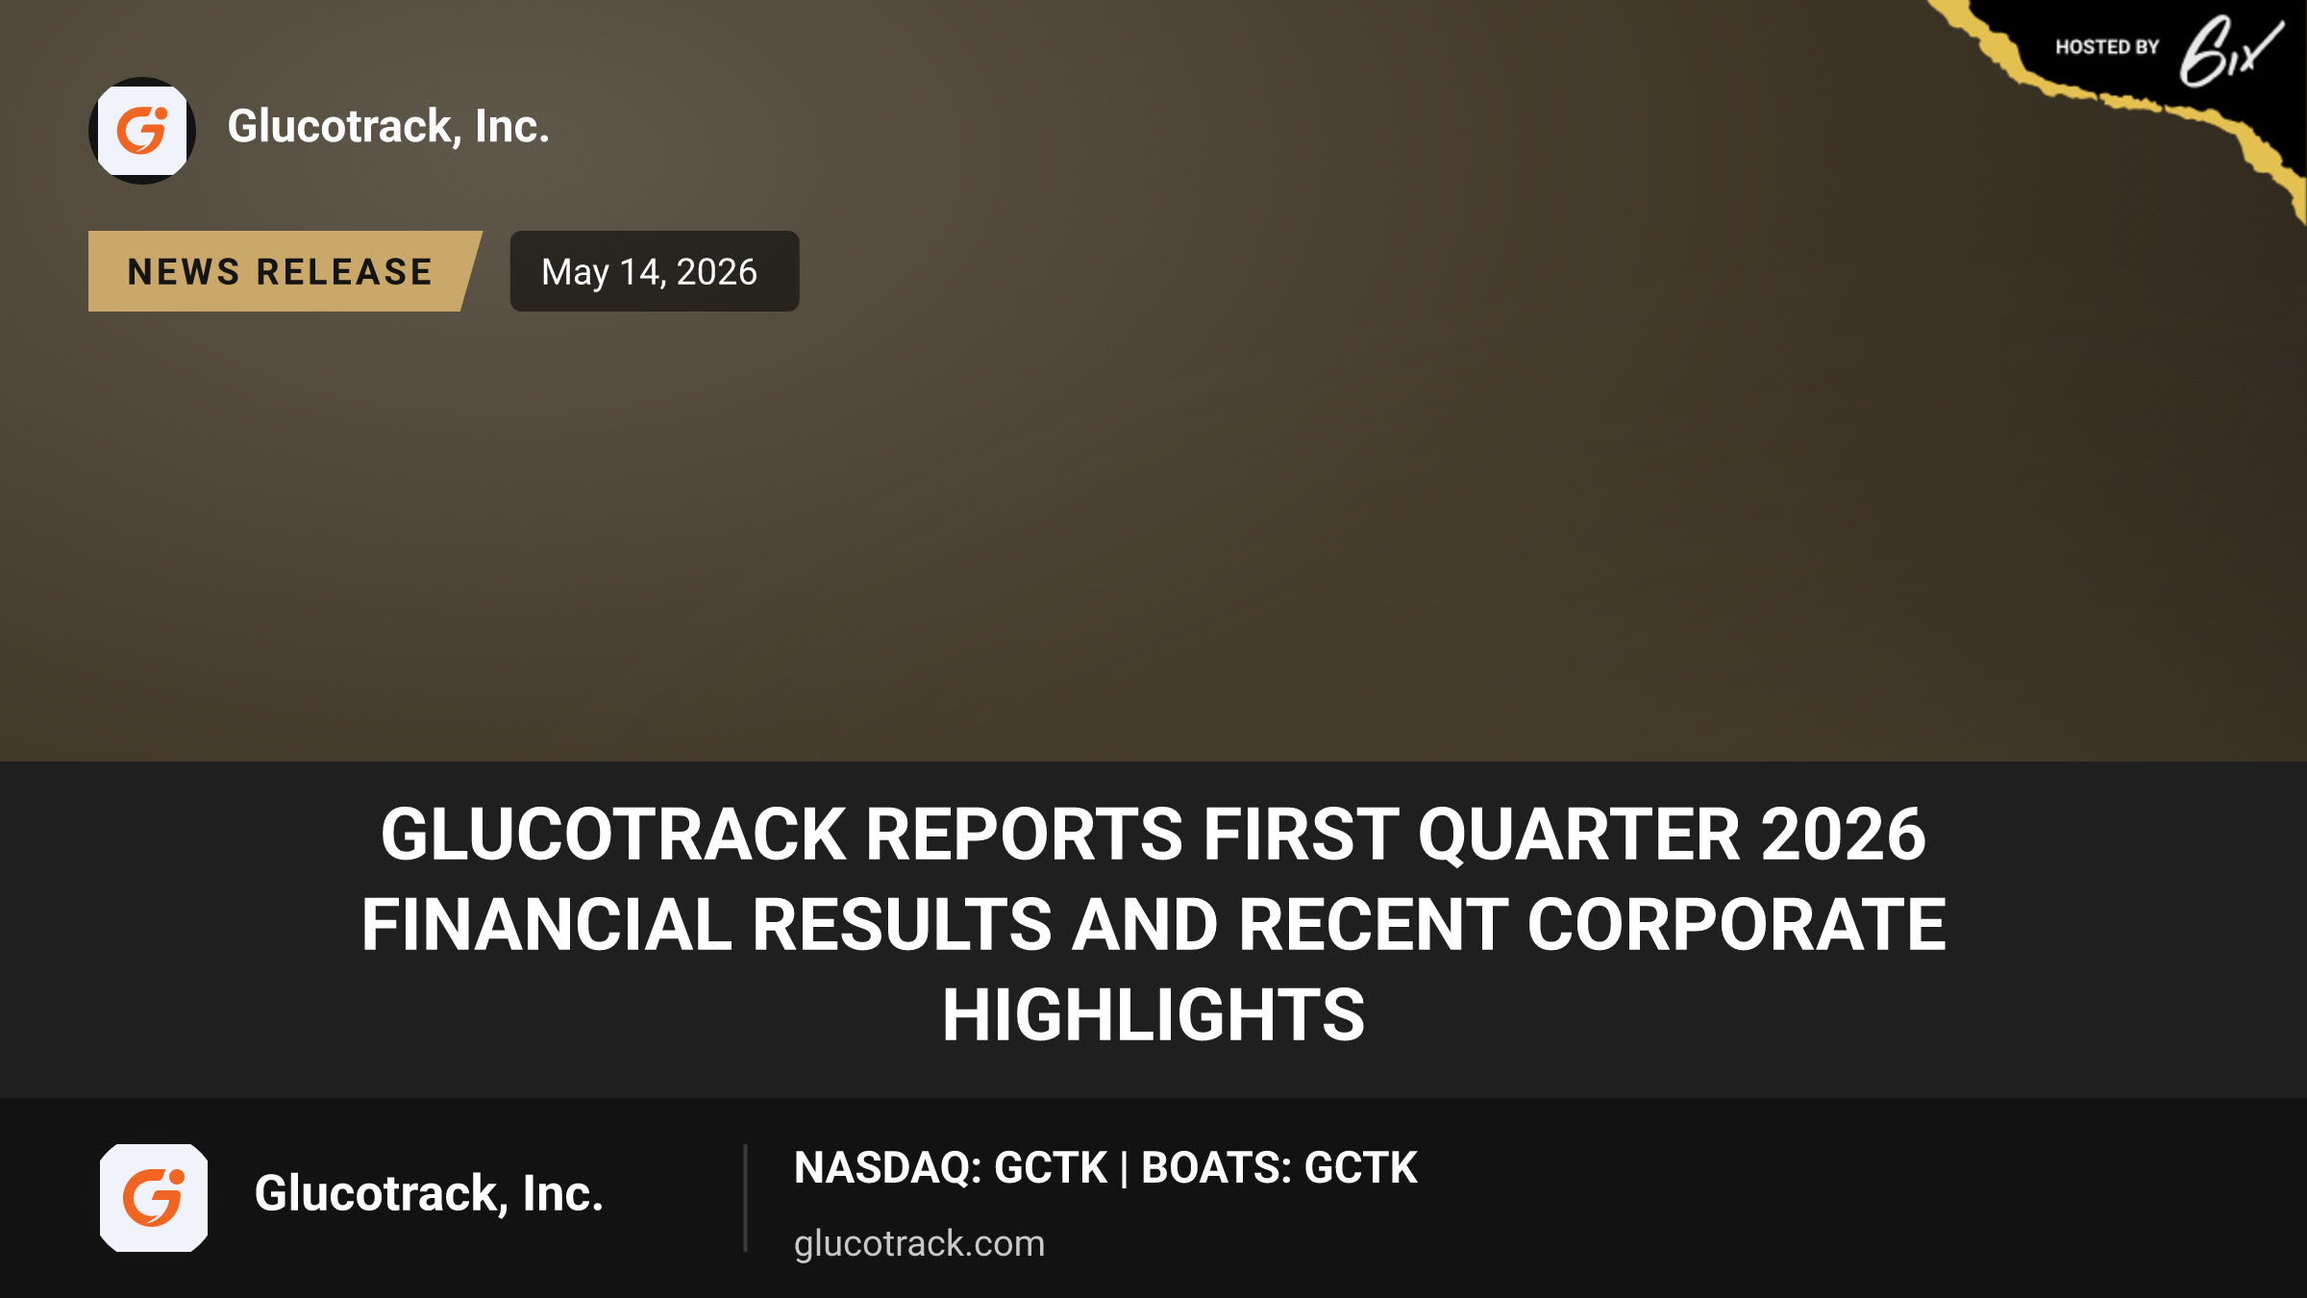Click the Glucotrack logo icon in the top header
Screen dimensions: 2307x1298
pyautogui.click(x=142, y=131)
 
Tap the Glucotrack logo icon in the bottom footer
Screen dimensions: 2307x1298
pyautogui.click(x=154, y=1198)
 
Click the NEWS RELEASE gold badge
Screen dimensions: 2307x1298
pyautogui.click(x=285, y=271)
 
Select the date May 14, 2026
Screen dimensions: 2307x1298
pyautogui.click(x=650, y=272)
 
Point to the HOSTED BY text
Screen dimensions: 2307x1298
pyautogui.click(x=2107, y=47)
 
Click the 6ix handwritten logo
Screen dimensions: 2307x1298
pyautogui.click(x=2230, y=52)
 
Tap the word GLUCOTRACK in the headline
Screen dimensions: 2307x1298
pyautogui.click(x=613, y=834)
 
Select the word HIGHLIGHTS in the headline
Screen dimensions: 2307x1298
pyautogui.click(x=1153, y=1014)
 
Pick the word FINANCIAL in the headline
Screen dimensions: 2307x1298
pyautogui.click(x=546, y=924)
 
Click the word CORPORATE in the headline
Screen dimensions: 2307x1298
pyautogui.click(x=1736, y=924)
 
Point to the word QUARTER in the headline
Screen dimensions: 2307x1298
pyautogui.click(x=1578, y=834)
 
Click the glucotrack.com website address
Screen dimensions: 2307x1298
pyautogui.click(x=919, y=1243)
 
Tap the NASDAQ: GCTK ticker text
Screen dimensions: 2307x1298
pyautogui.click(x=951, y=1168)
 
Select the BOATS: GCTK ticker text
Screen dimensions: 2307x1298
pyautogui.click(x=1278, y=1168)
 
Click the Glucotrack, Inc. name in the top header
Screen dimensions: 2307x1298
pyautogui.click(x=388, y=127)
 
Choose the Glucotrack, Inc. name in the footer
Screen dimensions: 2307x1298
pyautogui.click(x=429, y=1194)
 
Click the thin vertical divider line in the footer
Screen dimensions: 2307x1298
pyautogui.click(x=745, y=1198)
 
